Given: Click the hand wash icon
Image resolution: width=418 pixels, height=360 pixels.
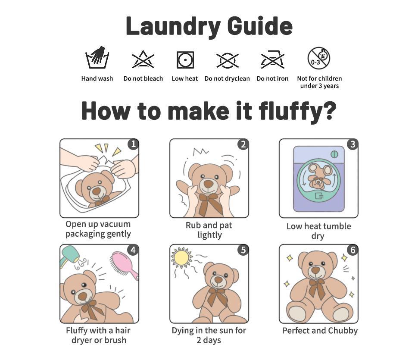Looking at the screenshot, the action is (x=97, y=57).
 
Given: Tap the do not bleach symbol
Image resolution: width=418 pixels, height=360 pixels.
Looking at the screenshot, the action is (x=143, y=59).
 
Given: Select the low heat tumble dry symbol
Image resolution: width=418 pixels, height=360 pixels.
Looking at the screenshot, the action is (x=185, y=60).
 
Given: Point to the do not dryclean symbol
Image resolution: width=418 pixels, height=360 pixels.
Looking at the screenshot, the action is (x=227, y=60).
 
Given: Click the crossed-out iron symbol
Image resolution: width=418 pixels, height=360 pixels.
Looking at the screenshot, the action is (x=272, y=59).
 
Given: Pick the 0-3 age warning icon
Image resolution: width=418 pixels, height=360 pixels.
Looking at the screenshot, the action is (x=319, y=58).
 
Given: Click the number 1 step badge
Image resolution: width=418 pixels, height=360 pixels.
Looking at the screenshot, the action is (x=133, y=144).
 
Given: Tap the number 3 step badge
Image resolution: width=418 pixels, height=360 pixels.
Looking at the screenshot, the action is (x=352, y=144).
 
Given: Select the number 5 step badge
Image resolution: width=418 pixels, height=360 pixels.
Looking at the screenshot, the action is (x=243, y=250).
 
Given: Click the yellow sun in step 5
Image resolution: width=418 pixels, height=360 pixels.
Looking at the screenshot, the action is (x=181, y=257).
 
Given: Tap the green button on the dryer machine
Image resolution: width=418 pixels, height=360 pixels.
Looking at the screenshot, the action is (x=334, y=154).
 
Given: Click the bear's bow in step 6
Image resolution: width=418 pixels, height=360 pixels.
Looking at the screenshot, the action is (x=317, y=288).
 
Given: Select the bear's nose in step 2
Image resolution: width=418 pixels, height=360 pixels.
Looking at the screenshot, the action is (x=209, y=184).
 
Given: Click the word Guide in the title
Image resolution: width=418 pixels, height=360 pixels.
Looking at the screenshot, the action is (x=260, y=26).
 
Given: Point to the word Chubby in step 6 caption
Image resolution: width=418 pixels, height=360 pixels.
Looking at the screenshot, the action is (x=343, y=331).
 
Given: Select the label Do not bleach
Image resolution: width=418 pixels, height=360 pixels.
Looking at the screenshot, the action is (x=143, y=78).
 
